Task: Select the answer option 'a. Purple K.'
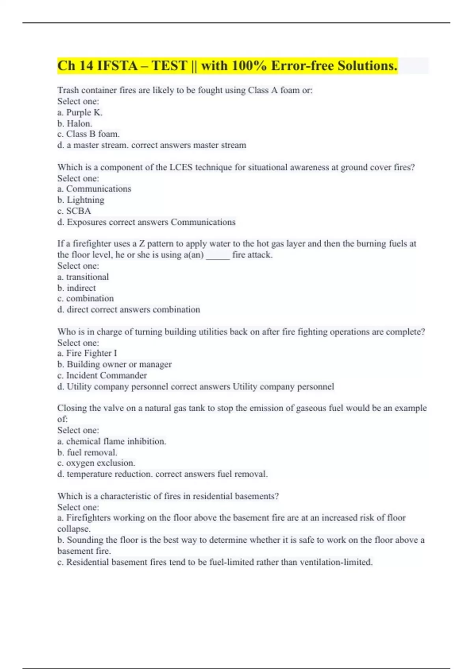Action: click(80, 113)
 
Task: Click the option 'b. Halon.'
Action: click(75, 124)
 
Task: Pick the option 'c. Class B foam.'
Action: click(89, 134)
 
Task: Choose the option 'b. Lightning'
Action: click(81, 200)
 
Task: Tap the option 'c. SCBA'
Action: click(74, 211)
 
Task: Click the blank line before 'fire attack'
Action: click(218, 255)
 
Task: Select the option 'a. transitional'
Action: click(83, 277)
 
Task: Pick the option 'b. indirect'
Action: click(77, 288)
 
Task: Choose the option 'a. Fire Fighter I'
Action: click(87, 353)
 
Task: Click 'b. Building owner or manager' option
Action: click(115, 364)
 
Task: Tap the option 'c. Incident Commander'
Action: click(102, 375)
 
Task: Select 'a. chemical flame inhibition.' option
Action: click(112, 442)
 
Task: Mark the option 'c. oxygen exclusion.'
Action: click(96, 463)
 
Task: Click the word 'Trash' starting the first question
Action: click(68, 91)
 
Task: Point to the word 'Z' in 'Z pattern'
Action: click(142, 244)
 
